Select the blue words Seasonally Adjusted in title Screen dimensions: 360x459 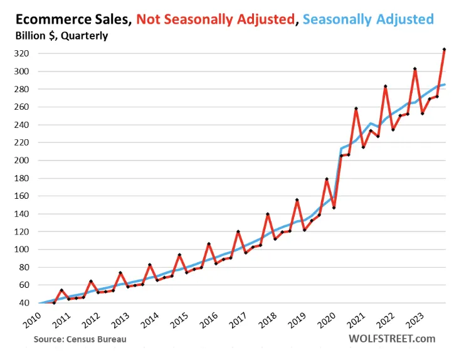pos(368,19)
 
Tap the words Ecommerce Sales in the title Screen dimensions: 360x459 pos(71,19)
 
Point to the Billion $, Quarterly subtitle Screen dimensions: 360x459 pos(61,36)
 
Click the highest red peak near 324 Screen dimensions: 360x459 pos(444,49)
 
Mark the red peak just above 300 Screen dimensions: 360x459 pos(414,68)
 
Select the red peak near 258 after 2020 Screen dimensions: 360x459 pos(356,109)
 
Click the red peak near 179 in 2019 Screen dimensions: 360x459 pos(326,179)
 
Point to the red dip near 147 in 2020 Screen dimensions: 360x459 pos(334,208)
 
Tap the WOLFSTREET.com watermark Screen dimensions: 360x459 pos(391,339)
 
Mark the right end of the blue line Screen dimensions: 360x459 pos(445,85)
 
